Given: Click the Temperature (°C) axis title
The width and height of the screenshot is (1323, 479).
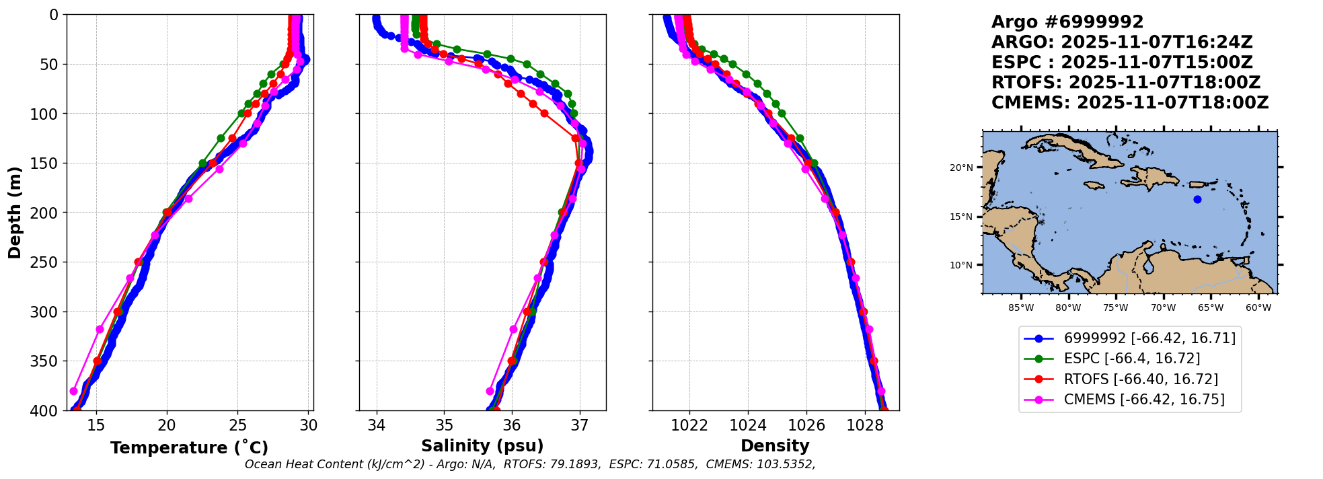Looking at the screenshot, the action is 189,447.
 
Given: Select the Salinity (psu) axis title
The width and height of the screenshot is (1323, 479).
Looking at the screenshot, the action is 482,446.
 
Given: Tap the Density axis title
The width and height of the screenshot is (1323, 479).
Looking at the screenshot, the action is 775,446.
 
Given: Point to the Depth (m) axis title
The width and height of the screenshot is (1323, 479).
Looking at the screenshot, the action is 15,212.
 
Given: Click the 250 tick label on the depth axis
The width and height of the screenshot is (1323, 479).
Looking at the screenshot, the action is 48,262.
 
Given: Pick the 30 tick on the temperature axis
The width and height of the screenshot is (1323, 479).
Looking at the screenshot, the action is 309,425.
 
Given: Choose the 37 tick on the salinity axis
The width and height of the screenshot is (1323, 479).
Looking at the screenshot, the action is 579,425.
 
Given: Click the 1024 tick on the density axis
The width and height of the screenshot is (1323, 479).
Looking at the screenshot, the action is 748,425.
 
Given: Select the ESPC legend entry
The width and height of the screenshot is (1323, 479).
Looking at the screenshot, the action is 1111,359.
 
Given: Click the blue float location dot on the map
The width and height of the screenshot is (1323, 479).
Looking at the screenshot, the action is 1197,199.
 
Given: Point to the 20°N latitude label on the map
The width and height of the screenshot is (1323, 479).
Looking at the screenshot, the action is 961,168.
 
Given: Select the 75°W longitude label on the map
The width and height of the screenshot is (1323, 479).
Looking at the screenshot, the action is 1116,308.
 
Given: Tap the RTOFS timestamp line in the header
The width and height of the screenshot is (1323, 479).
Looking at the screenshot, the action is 1126,83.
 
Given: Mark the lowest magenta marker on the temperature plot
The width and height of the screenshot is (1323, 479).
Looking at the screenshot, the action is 74,391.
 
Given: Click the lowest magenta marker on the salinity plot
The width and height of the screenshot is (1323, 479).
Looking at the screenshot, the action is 490,391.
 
